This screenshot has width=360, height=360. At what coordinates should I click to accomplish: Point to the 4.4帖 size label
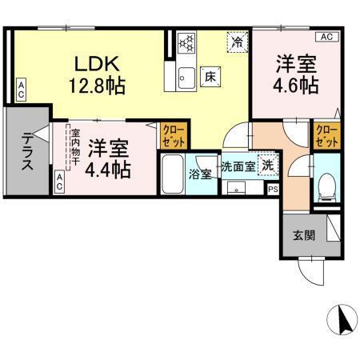(x=110, y=169)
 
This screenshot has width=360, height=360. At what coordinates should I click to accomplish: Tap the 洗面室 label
(x=238, y=166)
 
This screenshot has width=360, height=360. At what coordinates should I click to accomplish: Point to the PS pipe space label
(x=273, y=190)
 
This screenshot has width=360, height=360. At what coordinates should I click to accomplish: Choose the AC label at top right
(x=326, y=37)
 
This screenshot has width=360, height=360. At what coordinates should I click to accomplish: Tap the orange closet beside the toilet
(x=326, y=135)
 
